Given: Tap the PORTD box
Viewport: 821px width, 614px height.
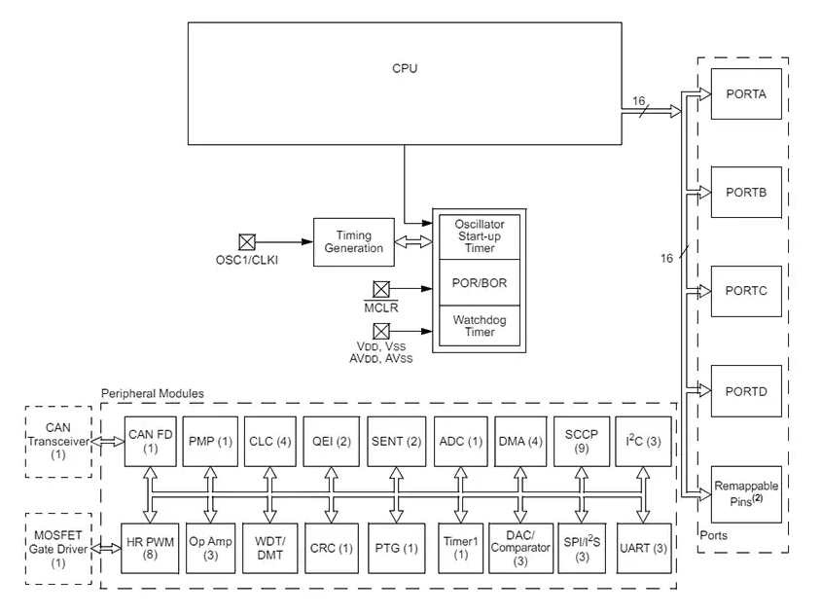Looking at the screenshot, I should click(746, 391).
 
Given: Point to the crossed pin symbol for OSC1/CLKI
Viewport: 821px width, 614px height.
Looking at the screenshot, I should click(247, 241).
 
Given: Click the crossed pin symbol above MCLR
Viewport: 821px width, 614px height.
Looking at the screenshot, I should click(380, 289).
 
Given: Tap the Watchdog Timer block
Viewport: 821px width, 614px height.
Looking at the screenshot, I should click(479, 326).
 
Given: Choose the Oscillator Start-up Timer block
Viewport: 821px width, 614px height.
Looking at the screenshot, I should click(479, 235).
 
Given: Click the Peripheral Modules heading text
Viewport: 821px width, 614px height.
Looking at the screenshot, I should click(153, 393).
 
